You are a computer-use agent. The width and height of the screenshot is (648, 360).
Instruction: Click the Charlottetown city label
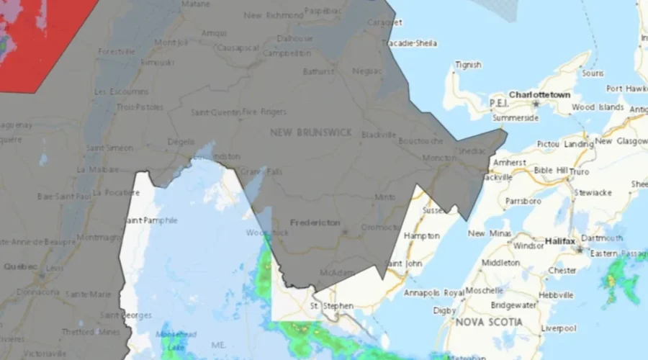(539, 94)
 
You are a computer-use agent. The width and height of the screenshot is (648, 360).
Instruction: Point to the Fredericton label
(315, 222)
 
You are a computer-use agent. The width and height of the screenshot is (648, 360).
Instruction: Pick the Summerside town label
(515, 118)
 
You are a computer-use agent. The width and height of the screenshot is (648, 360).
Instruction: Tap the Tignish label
(468, 65)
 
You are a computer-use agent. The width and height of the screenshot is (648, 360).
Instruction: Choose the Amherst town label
(510, 163)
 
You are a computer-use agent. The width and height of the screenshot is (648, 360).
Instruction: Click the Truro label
(580, 172)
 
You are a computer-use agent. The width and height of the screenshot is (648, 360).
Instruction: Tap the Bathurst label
(318, 71)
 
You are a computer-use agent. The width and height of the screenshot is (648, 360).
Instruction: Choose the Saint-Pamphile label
(150, 220)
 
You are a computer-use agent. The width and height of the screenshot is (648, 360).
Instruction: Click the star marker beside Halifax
(580, 249)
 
